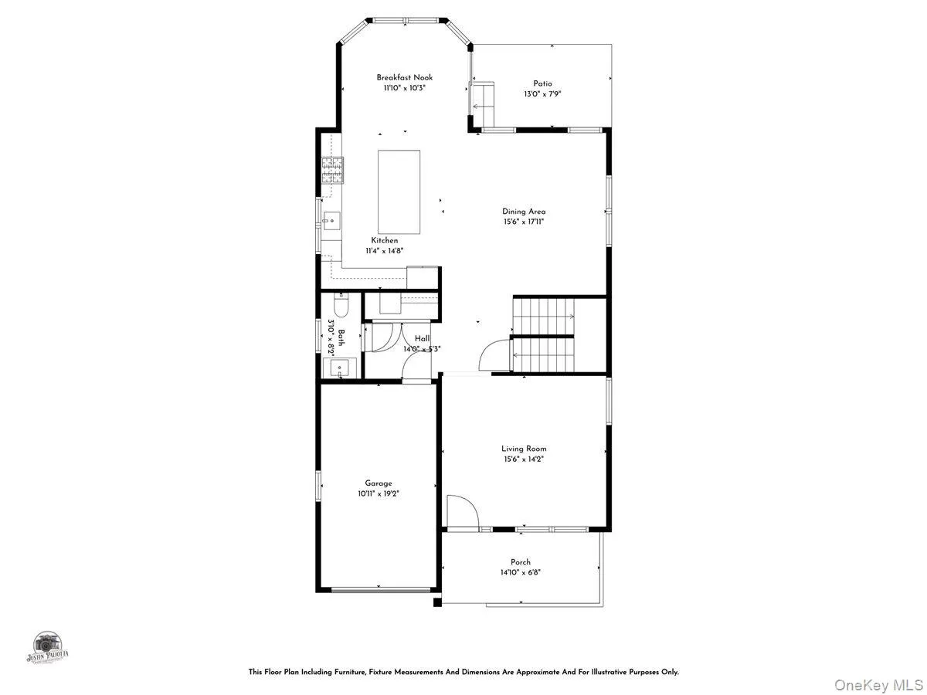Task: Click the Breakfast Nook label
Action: [x=405, y=77]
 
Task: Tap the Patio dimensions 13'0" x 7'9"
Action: [x=542, y=94]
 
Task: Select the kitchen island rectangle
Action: [x=399, y=192]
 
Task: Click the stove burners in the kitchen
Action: [x=333, y=170]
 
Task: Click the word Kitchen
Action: [x=385, y=240]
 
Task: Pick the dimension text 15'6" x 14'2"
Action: [x=523, y=459]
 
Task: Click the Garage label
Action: [x=379, y=483]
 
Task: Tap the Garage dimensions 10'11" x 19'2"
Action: [x=379, y=493]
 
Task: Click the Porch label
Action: [x=521, y=562]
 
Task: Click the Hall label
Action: [x=422, y=338]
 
